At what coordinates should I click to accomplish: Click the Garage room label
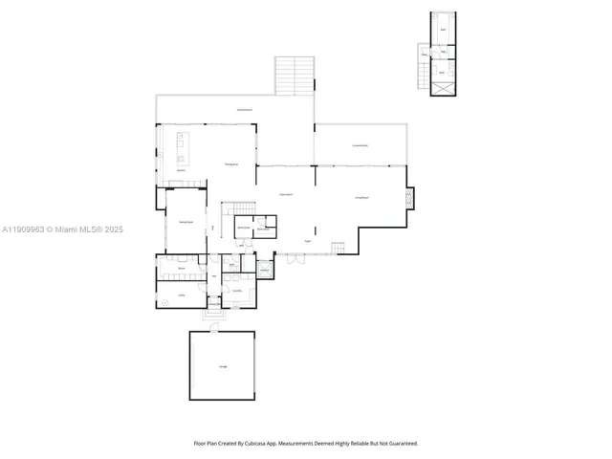pos(223,367)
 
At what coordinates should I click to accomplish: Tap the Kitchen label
pos(180,170)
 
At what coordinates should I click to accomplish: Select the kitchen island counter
pos(182,148)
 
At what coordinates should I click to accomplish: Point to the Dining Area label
pos(231,164)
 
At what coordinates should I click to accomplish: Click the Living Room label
pos(361,197)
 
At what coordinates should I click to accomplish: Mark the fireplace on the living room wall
pos(410,198)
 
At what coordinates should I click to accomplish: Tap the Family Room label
pos(185,222)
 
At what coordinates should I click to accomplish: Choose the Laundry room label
pos(235,291)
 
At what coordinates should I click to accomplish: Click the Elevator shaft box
pos(265,271)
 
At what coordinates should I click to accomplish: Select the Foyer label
pos(308,241)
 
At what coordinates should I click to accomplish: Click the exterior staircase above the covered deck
pos(295,76)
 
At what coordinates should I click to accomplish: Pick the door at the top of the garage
pos(215,328)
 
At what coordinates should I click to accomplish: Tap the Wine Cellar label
pos(243,228)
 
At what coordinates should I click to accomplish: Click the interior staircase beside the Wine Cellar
pos(240,209)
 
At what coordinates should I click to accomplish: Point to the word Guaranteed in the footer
pos(400,443)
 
